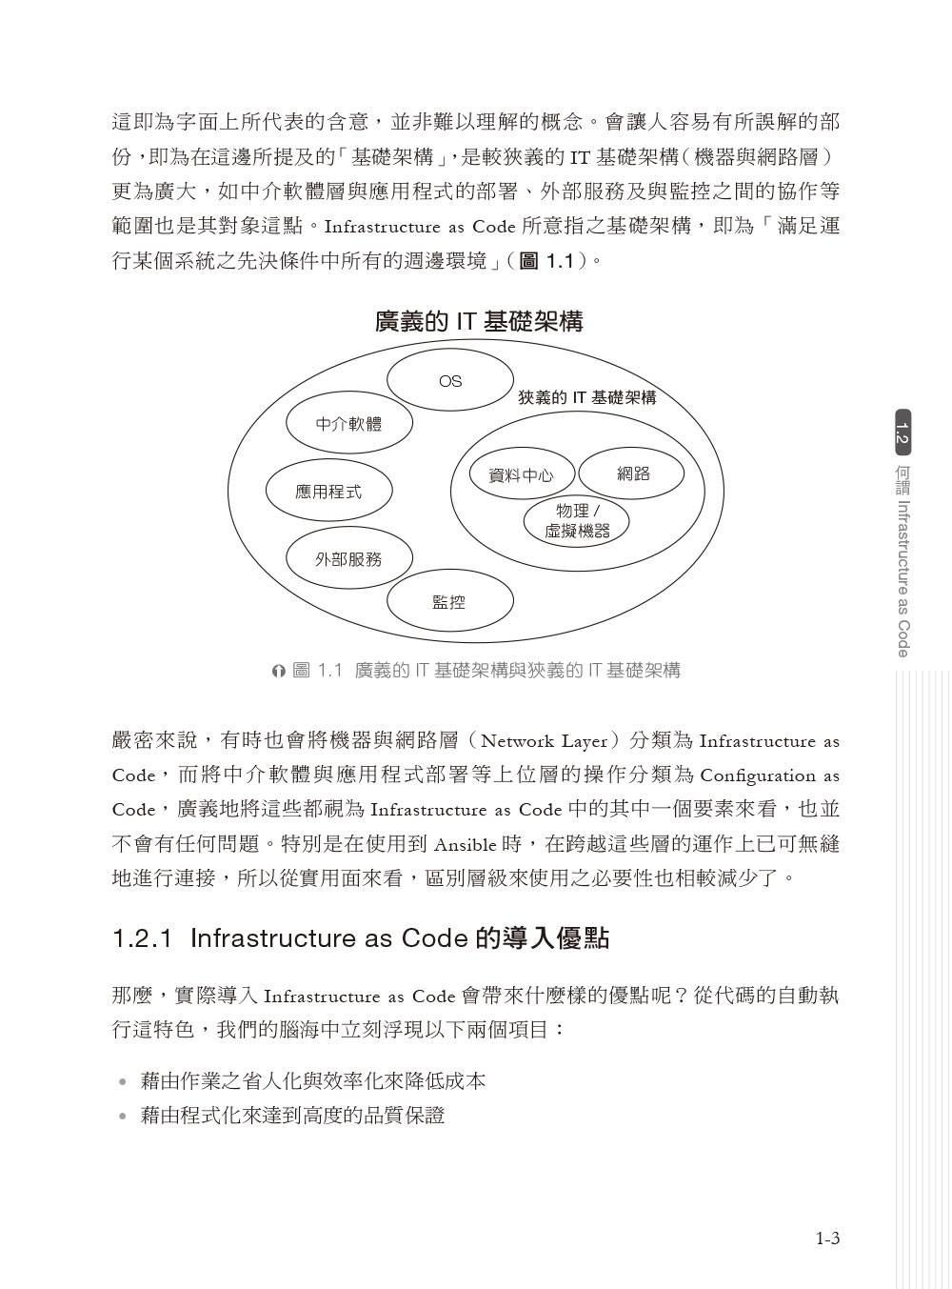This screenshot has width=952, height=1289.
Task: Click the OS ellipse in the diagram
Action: pos(449,381)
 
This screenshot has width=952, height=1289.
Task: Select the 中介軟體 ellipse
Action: pos(348,423)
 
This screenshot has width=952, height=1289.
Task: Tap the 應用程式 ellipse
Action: pos(327,492)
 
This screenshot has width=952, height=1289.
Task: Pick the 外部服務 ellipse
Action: pos(348,559)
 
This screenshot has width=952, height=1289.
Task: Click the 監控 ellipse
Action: pos(449,601)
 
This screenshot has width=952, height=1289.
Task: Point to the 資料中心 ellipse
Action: pos(521,474)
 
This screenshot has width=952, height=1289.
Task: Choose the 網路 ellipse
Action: pos(632,473)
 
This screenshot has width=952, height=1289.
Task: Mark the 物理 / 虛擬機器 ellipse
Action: pos(577,521)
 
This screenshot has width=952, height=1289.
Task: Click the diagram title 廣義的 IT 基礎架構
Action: pos(479,322)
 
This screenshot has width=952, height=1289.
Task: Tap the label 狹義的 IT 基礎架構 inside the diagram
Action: pos(586,397)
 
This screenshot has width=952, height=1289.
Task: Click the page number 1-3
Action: pos(827,1239)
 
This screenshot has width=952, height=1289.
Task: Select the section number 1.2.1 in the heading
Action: pos(143,938)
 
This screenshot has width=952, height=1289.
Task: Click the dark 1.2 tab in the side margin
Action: pos(902,433)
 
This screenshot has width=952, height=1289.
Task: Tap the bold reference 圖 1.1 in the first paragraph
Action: pos(545,261)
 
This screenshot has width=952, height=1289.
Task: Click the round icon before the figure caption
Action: pos(278,672)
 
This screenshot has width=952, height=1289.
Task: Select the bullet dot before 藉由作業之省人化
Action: pos(121,1082)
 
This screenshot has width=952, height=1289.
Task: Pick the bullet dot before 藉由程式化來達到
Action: pos(121,1117)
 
